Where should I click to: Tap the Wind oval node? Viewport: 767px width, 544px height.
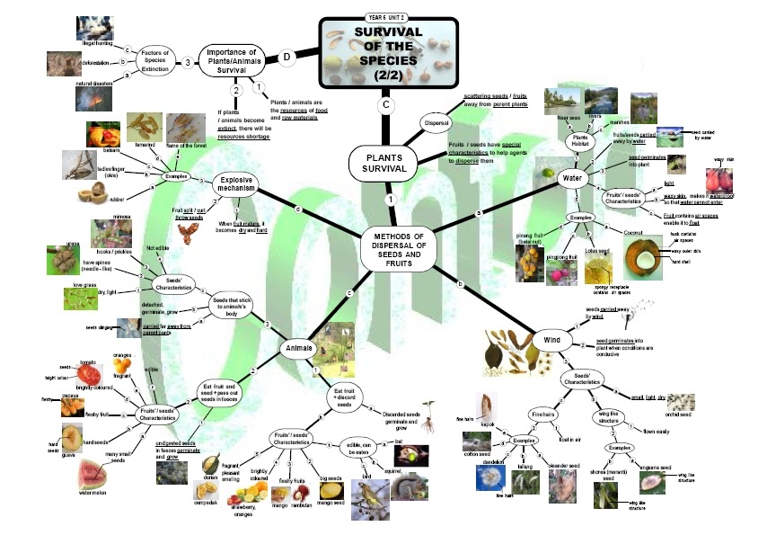(x=551, y=341)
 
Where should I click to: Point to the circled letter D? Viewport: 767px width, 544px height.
(x=287, y=58)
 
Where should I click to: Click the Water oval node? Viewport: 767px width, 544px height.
(x=571, y=175)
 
